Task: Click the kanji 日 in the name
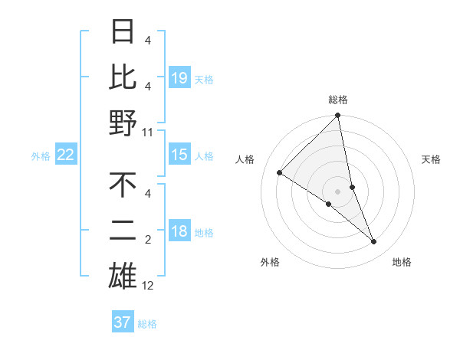[x=123, y=33]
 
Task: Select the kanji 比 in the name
[x=123, y=77]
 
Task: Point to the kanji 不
[x=123, y=186]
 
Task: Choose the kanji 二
[x=123, y=231]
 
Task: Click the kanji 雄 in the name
[x=123, y=275]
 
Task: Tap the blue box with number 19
[x=179, y=77]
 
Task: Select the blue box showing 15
[x=179, y=155]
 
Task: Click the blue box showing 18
[x=179, y=232]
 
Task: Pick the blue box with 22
[x=66, y=155]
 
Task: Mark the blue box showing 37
[x=123, y=322]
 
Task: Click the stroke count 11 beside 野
[x=148, y=132]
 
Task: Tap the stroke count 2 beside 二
[x=148, y=241]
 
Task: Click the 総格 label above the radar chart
[x=338, y=100]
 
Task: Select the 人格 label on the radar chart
[x=246, y=159]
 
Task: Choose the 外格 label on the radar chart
[x=270, y=262]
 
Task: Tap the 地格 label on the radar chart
[x=402, y=262]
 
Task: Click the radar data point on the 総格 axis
[x=338, y=116]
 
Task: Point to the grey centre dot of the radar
[x=338, y=191]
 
